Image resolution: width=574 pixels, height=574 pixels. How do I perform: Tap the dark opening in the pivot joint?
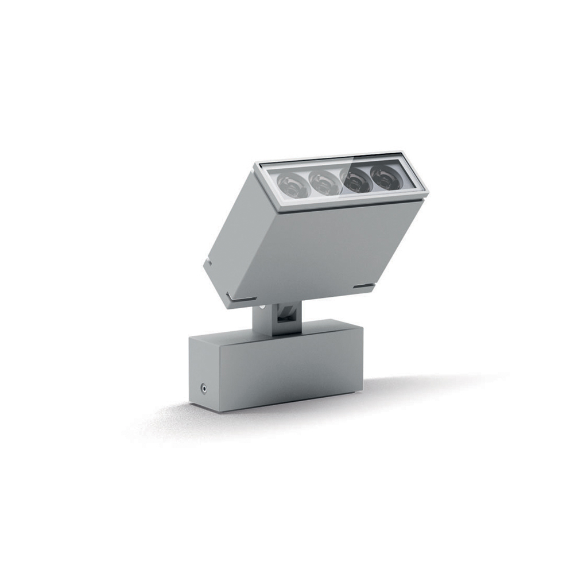(284, 317)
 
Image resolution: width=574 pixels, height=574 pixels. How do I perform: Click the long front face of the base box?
(293, 373)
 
